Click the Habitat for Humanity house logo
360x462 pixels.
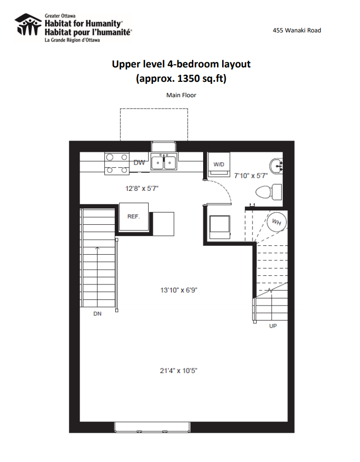[x=28, y=25]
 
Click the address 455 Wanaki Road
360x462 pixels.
[x=297, y=30]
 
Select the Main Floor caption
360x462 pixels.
[x=181, y=95]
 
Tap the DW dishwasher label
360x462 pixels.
[x=139, y=163]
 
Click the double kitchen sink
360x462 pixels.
[x=164, y=162]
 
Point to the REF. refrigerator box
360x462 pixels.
[x=134, y=217]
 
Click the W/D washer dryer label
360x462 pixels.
[x=219, y=165]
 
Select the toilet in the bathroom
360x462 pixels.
[x=268, y=192]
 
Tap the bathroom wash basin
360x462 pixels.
[x=276, y=166]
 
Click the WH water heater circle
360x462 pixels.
[x=277, y=222]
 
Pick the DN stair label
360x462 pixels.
[x=98, y=314]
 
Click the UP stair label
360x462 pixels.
[x=273, y=326]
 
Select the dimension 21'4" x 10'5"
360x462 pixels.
[x=178, y=370]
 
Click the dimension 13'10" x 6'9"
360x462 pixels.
[x=178, y=290]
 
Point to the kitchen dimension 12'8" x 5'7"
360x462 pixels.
[x=142, y=188]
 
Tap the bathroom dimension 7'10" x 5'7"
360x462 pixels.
[x=250, y=175]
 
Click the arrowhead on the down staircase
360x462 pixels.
[x=97, y=248]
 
